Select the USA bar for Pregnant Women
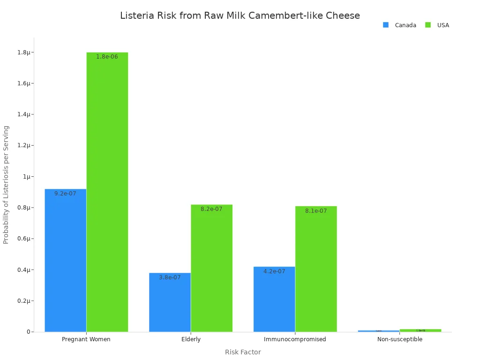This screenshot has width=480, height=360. tap(107, 192)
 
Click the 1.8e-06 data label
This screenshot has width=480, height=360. tap(107, 57)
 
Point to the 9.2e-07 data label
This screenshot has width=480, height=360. tap(65, 194)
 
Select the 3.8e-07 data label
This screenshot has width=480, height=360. tap(170, 277)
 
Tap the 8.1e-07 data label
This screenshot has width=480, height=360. tap(316, 211)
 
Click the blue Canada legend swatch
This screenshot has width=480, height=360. tap(386, 25)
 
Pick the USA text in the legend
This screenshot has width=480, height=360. tap(443, 25)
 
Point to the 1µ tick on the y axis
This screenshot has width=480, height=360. tap(26, 177)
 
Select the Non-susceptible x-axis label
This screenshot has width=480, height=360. tap(400, 339)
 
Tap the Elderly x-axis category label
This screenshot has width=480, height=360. tap(191, 339)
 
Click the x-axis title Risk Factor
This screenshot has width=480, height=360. tap(243, 352)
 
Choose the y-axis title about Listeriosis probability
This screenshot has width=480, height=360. tap(6, 185)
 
